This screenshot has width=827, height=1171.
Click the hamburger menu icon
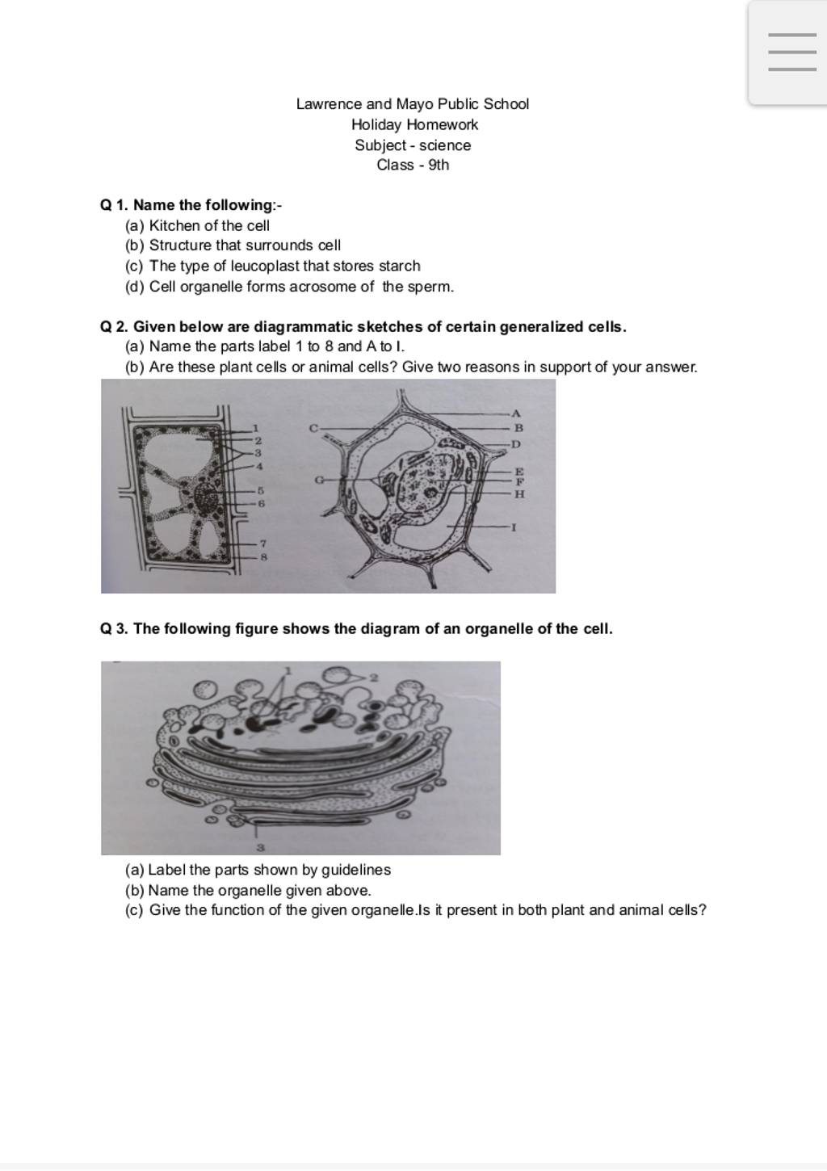pyautogui.click(x=791, y=52)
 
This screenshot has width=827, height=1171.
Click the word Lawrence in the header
pyautogui.click(x=329, y=104)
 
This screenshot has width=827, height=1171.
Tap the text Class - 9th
pyautogui.click(x=413, y=166)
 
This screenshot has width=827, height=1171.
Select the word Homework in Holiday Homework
pyautogui.click(x=442, y=125)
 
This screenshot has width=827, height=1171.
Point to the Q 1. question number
pyautogui.click(x=115, y=205)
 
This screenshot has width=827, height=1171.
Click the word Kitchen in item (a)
pyautogui.click(x=173, y=226)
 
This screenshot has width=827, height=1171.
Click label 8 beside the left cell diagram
pyautogui.click(x=263, y=556)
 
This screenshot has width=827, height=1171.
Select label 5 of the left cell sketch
pyautogui.click(x=261, y=490)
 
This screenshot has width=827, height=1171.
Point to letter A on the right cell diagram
pyautogui.click(x=517, y=413)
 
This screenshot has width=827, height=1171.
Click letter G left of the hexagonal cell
pyautogui.click(x=319, y=480)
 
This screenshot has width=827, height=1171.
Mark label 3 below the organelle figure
pyautogui.click(x=260, y=848)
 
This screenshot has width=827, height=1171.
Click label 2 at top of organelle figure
pyautogui.click(x=373, y=677)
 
